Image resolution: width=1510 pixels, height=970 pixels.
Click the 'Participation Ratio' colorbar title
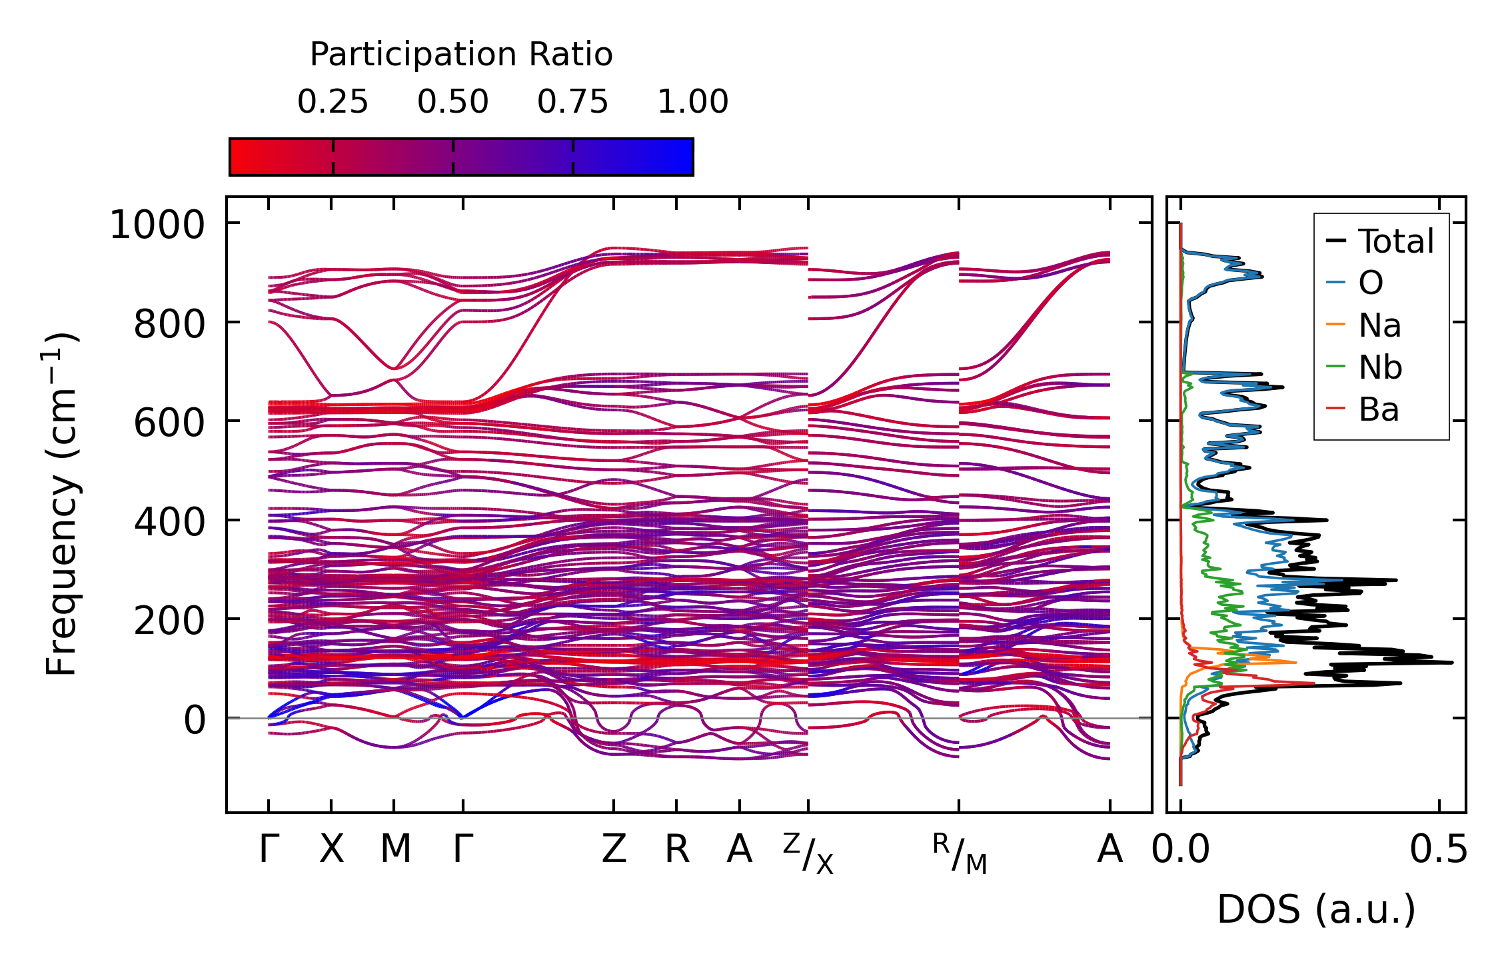tap(461, 55)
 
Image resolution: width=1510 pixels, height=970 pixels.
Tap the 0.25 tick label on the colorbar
tap(333, 102)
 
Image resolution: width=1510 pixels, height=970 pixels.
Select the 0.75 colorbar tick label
tap(573, 102)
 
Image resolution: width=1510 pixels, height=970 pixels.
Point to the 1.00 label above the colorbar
tap(693, 102)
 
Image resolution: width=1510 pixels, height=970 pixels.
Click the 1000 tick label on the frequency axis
tap(157, 225)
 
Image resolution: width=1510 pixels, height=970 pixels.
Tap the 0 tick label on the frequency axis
tap(195, 720)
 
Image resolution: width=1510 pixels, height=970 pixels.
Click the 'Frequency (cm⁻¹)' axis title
tap(61, 504)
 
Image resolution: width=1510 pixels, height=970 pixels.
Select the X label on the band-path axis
tap(331, 849)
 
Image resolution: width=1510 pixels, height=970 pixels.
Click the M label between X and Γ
tap(395, 849)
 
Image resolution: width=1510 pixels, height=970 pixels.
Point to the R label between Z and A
tap(677, 849)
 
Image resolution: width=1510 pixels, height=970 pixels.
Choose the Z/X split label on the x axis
tap(808, 853)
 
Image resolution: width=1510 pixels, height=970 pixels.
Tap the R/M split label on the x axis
tap(959, 853)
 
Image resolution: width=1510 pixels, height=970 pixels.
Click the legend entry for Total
tap(1395, 241)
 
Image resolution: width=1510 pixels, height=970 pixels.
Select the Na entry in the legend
tap(1379, 325)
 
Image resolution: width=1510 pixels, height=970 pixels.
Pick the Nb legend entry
tap(1380, 367)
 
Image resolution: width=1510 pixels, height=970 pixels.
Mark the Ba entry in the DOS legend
tap(1378, 409)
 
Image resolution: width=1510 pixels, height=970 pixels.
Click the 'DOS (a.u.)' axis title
tap(1316, 910)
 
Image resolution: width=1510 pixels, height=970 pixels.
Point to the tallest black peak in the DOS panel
tap(1451, 662)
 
